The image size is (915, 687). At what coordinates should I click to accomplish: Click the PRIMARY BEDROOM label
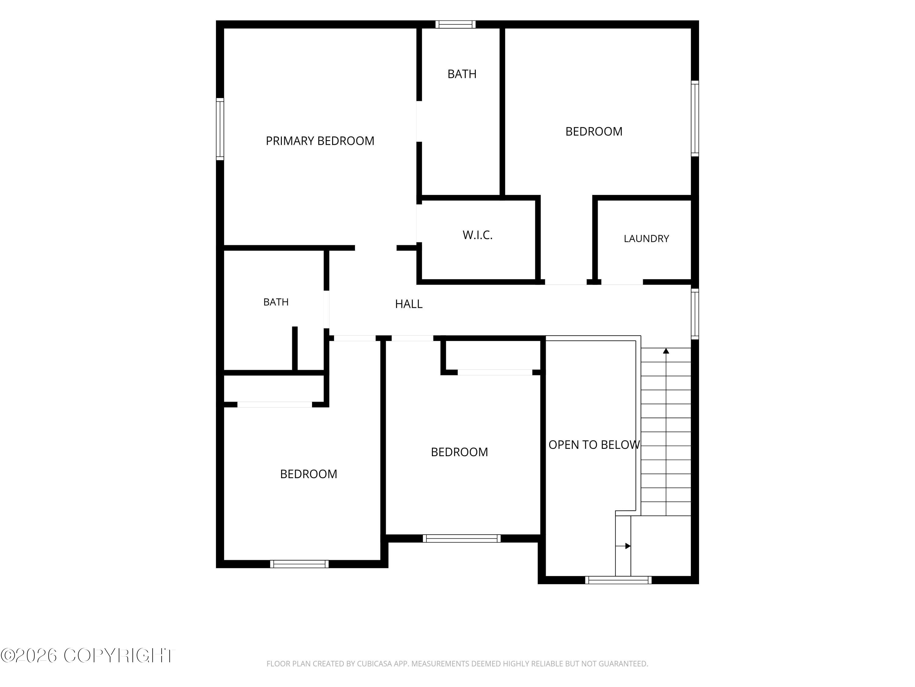point(320,141)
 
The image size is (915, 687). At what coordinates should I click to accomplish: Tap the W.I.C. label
point(477,235)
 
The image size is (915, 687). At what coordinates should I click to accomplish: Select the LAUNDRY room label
point(646,238)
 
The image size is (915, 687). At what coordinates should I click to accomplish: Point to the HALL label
point(409,304)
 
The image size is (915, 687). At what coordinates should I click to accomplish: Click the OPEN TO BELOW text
point(594,445)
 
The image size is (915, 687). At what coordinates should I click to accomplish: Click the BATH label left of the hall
point(276,302)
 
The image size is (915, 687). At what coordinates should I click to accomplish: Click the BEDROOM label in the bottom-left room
point(309,474)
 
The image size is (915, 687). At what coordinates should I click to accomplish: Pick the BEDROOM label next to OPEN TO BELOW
point(459,452)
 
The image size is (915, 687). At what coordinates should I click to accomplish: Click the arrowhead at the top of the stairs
point(666,351)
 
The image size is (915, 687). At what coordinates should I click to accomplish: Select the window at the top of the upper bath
point(455,24)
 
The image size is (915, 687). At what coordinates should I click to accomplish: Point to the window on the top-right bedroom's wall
point(695,118)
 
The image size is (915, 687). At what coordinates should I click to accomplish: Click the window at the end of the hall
point(695,314)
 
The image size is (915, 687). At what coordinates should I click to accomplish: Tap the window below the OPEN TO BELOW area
point(618,580)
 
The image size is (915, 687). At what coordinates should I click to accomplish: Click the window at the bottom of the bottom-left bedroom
point(299,564)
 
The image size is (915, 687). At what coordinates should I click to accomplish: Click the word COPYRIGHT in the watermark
point(119,656)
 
